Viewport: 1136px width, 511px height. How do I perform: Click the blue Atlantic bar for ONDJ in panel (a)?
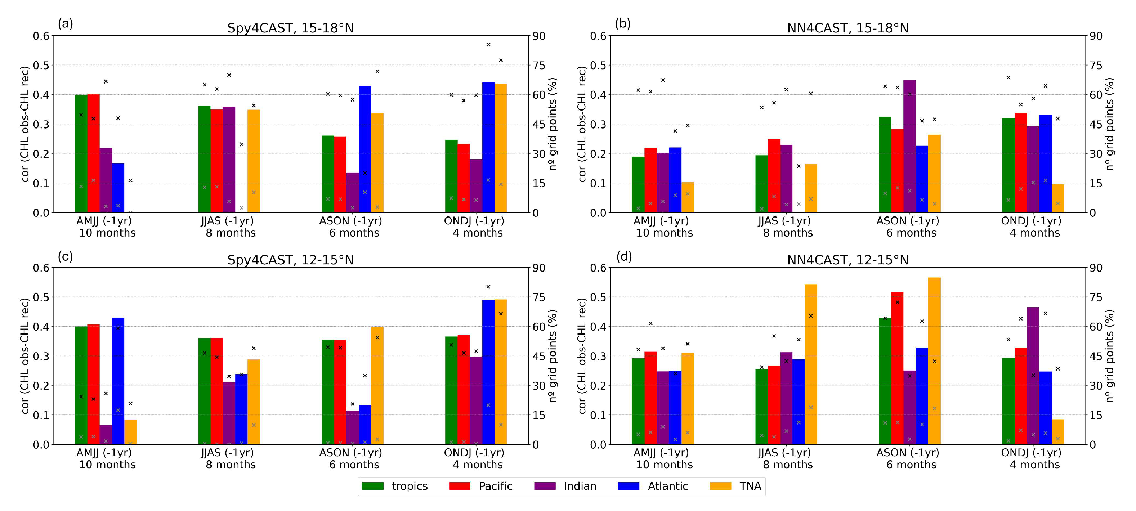[488, 147]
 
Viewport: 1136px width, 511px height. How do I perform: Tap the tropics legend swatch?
[373, 486]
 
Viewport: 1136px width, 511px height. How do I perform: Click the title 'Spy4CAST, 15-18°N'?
[290, 28]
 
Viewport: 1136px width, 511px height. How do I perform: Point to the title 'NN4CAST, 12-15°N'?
[847, 260]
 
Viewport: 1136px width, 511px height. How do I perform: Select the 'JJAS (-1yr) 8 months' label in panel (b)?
[787, 227]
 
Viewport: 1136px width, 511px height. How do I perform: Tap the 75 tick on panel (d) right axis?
[1096, 297]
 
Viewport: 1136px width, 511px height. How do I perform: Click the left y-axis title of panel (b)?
[582, 124]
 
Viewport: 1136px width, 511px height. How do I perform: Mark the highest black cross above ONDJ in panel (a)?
[488, 45]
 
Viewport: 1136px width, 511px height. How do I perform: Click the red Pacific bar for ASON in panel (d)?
[897, 368]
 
